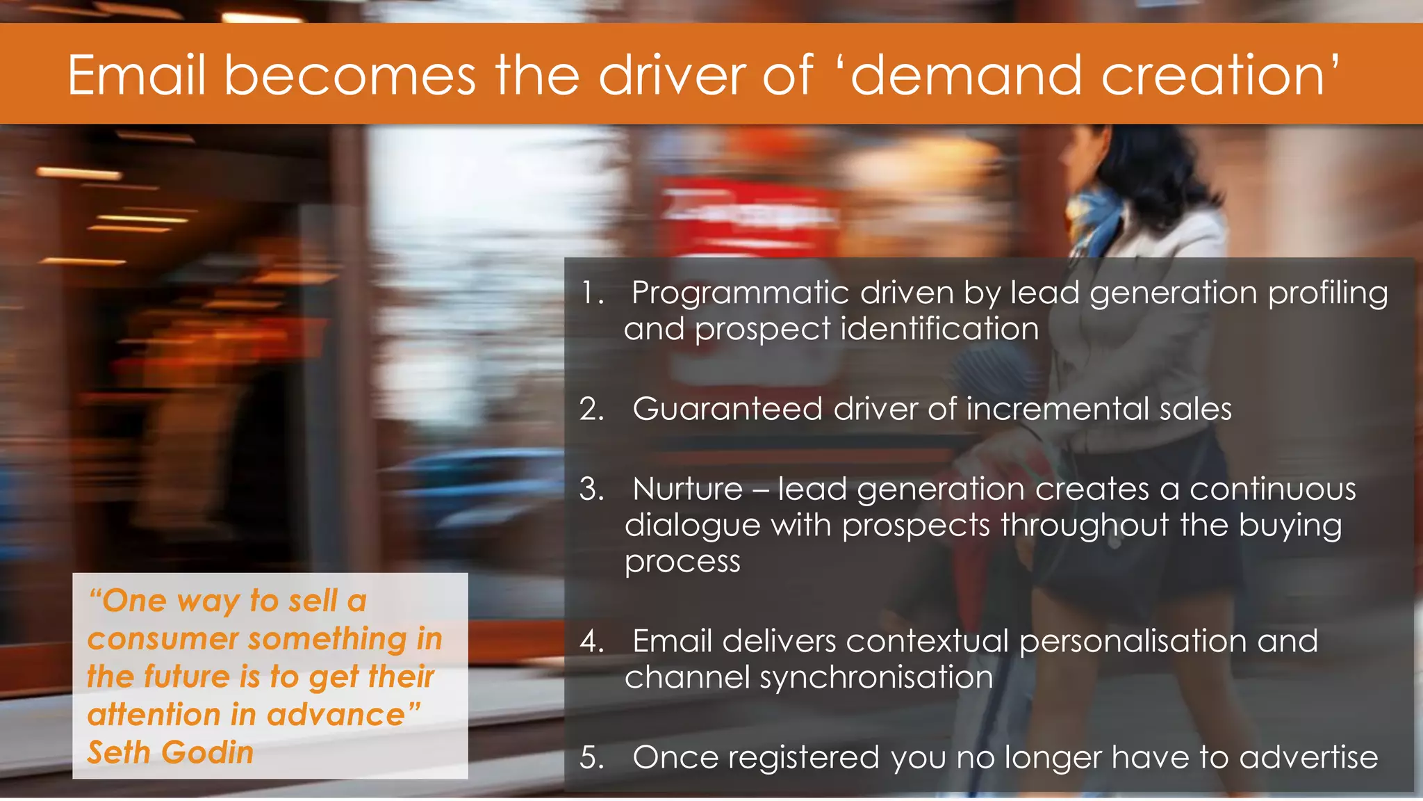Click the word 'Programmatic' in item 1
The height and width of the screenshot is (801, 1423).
point(740,293)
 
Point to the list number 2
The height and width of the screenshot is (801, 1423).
point(591,409)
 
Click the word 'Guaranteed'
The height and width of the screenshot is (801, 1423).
point(727,409)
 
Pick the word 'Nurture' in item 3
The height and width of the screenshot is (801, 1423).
point(688,489)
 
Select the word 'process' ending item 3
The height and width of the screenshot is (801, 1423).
point(682,562)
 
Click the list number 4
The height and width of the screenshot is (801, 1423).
point(592,641)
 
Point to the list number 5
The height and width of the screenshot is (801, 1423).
point(591,757)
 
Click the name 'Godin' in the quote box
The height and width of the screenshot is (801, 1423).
point(208,753)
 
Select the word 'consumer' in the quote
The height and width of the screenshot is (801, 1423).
point(163,639)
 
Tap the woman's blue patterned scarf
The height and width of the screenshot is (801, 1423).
point(1098,216)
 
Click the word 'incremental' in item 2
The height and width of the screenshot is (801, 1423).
point(1058,409)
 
